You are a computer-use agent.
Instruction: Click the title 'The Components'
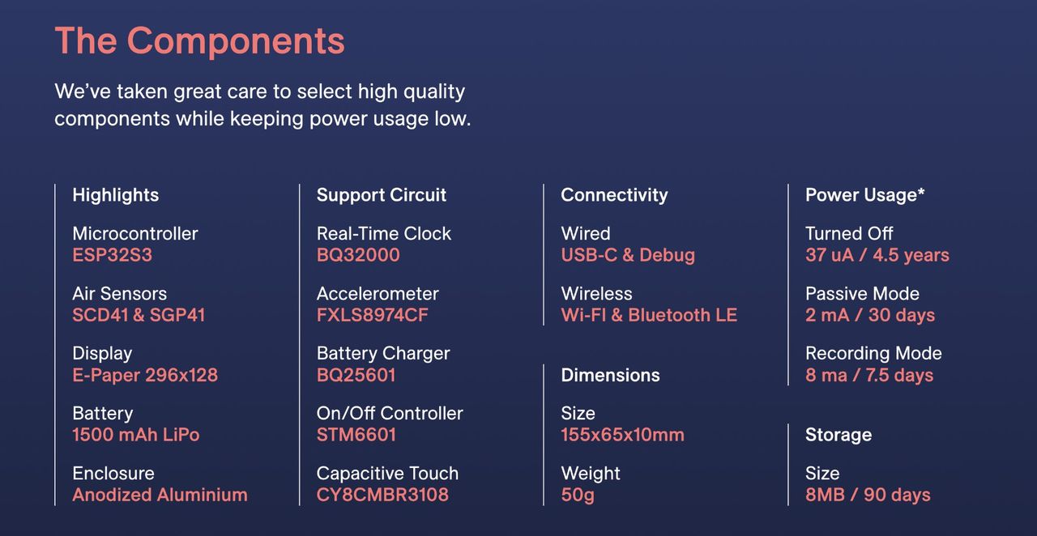click(x=199, y=40)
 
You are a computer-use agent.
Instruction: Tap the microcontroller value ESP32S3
click(x=112, y=255)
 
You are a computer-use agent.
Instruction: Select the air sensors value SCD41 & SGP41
click(x=139, y=315)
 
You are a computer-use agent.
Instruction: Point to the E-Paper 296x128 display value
click(x=145, y=375)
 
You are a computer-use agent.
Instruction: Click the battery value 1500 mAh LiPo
click(x=135, y=435)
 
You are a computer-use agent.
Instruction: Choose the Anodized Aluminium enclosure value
click(x=160, y=495)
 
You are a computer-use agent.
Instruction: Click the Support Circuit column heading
click(x=381, y=195)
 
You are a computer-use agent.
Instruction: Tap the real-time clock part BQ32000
click(x=358, y=255)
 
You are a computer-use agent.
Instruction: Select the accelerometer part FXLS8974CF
click(x=372, y=315)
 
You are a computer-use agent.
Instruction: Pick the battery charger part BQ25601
click(x=356, y=375)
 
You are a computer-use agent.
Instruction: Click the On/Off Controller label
click(x=390, y=414)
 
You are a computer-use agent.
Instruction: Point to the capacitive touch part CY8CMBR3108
click(x=382, y=495)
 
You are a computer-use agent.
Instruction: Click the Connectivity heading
click(x=614, y=195)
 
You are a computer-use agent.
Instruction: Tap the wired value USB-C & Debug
click(x=628, y=255)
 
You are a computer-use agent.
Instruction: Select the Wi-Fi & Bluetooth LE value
click(x=649, y=315)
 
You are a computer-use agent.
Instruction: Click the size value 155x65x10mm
click(x=622, y=435)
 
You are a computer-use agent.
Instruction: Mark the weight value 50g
click(x=578, y=496)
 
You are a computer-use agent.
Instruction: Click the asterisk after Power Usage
click(x=921, y=191)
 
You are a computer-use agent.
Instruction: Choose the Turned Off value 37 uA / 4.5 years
click(x=877, y=255)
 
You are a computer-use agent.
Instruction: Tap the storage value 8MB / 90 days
click(x=868, y=495)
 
